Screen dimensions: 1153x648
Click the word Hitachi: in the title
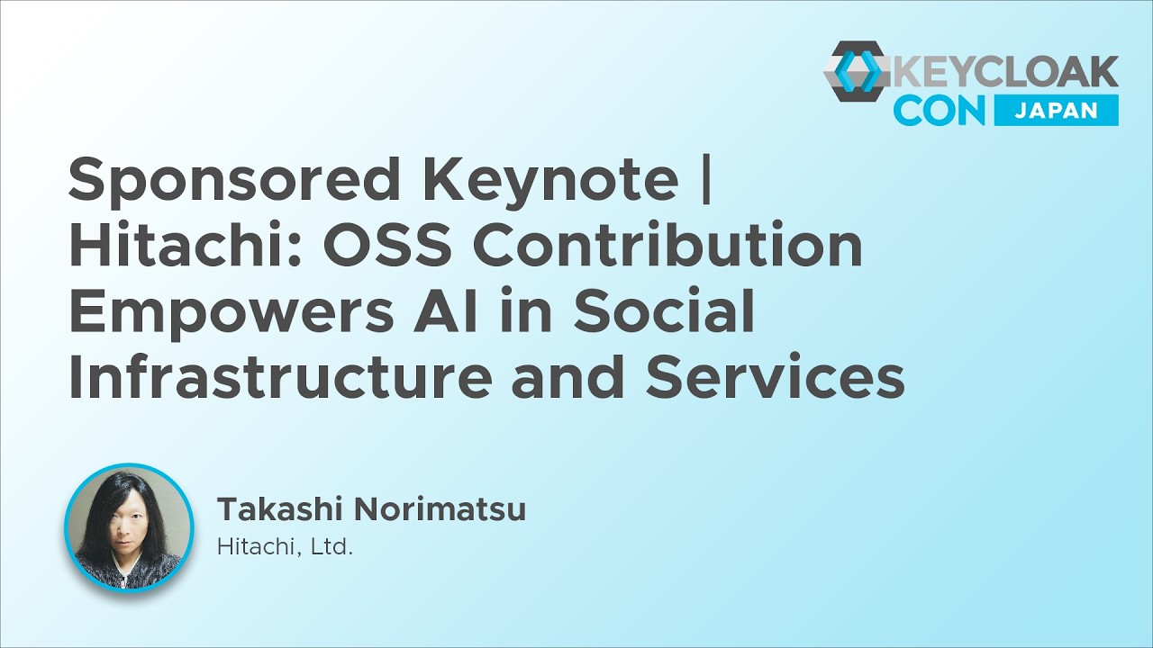pos(186,245)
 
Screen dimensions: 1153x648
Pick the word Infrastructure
pos(280,376)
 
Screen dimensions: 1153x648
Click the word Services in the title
pos(776,376)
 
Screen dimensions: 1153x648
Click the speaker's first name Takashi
pos(280,508)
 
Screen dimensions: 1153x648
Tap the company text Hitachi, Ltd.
pos(285,546)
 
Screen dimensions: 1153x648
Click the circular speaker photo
pos(129,527)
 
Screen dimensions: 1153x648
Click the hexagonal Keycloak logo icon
pos(858,71)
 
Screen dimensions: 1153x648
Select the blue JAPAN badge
pos(1056,110)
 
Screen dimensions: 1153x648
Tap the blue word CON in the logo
pos(939,111)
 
